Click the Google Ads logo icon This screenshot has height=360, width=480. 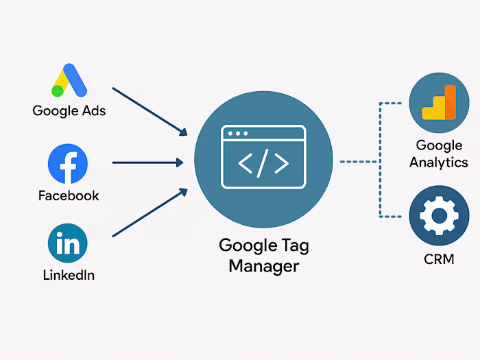[69, 81]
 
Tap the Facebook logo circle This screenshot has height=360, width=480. [68, 163]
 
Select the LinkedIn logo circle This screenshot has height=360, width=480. [68, 243]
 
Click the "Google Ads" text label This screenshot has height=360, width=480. [69, 110]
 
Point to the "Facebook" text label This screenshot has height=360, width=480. [69, 196]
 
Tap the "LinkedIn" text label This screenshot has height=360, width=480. [69, 276]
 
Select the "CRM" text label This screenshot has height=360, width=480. [439, 260]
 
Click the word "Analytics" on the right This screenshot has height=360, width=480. [439, 163]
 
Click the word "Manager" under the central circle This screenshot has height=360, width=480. [264, 265]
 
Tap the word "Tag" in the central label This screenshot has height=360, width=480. [296, 245]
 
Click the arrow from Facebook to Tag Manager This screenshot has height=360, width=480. [147, 163]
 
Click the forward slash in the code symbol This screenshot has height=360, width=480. [263, 163]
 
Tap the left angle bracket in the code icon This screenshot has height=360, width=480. [244, 163]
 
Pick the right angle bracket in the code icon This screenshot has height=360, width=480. [282, 163]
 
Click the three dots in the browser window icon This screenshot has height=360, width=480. [238, 133]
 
